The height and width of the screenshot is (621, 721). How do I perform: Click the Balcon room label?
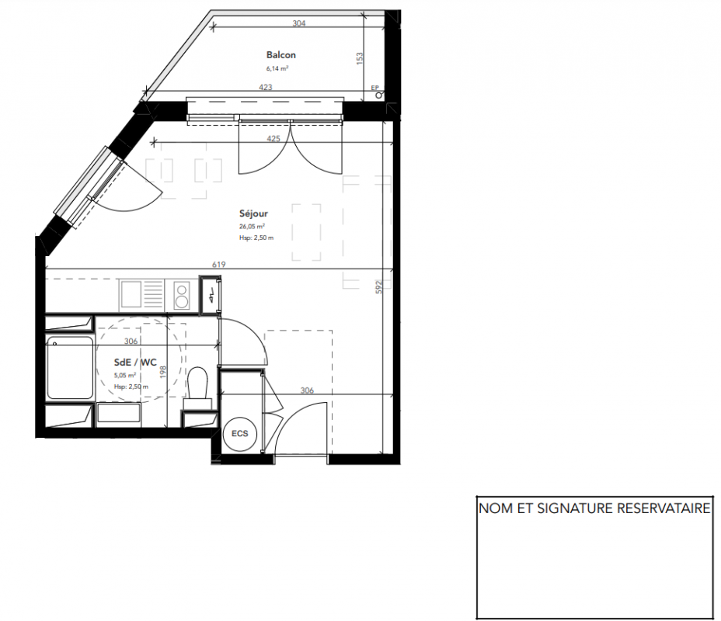tap(281, 55)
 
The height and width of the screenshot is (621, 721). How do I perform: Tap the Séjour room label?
tap(253, 213)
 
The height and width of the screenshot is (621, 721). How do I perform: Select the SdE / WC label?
tap(135, 363)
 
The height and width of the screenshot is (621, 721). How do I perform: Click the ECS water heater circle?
tap(239, 433)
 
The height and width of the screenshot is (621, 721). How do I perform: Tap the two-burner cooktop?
tap(182, 295)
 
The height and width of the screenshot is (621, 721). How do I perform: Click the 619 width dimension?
tap(219, 264)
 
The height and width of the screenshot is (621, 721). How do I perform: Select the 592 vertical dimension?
tap(379, 287)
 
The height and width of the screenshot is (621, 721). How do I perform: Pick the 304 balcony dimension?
tap(299, 23)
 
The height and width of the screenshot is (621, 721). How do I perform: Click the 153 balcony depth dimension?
tap(360, 58)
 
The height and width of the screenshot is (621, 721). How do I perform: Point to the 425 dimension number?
tap(273, 138)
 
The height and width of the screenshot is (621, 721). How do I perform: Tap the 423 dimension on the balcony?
tap(265, 87)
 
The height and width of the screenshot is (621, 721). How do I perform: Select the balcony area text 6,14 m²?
tap(277, 68)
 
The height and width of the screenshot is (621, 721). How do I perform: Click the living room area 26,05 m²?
tap(252, 227)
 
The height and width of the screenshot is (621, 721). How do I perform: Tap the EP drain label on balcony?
tap(374, 88)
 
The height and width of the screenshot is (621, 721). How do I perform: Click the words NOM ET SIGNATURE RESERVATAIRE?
tap(594, 508)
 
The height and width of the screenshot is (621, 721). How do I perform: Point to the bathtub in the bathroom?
tap(70, 367)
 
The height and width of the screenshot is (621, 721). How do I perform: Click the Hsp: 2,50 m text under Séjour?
tap(256, 238)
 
